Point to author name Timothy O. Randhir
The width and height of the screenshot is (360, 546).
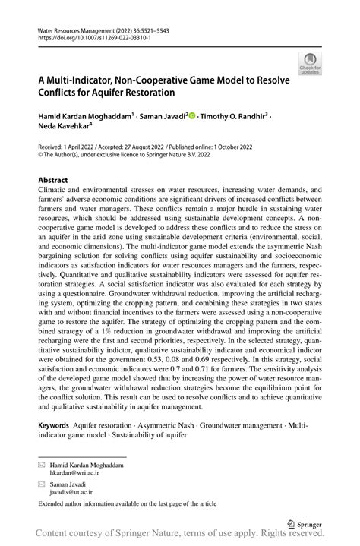(235, 117)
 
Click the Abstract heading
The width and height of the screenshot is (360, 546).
(54, 181)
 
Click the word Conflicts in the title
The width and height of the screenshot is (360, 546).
(63, 94)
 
